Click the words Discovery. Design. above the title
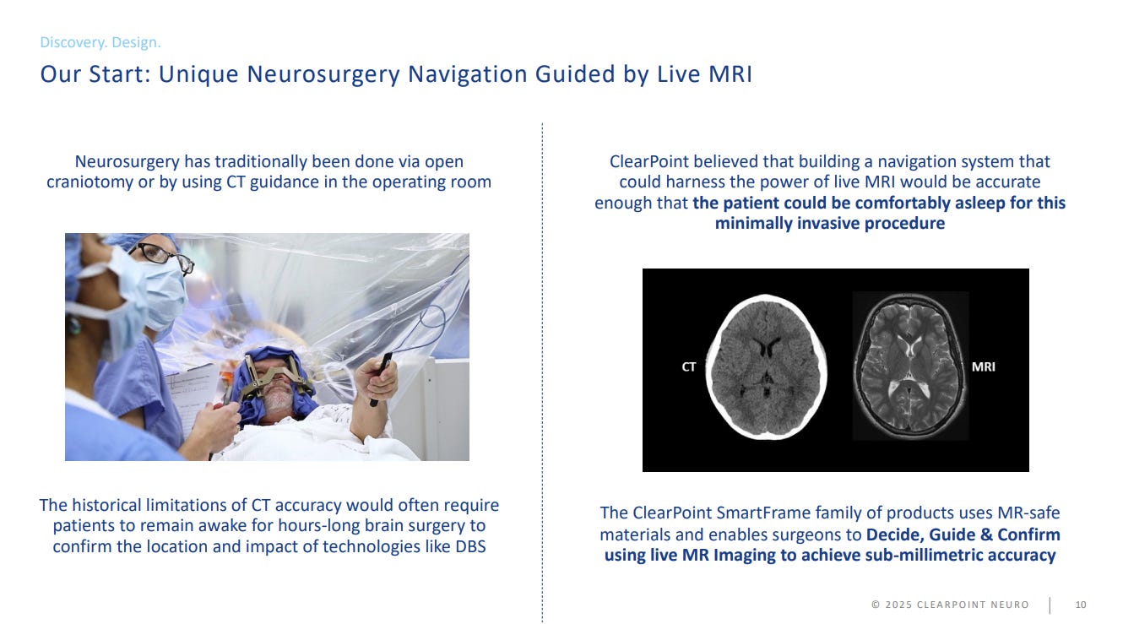pyautogui.click(x=100, y=42)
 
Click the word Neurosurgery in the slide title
pyautogui.click(x=323, y=74)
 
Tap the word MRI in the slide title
pyautogui.click(x=730, y=74)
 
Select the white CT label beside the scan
pyautogui.click(x=689, y=367)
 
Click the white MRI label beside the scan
pyautogui.click(x=983, y=366)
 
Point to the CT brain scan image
pyautogui.click(x=766, y=366)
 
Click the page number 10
pyautogui.click(x=1081, y=605)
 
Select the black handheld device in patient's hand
pyautogui.click(x=382, y=376)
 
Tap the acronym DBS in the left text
pyautogui.click(x=470, y=546)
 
